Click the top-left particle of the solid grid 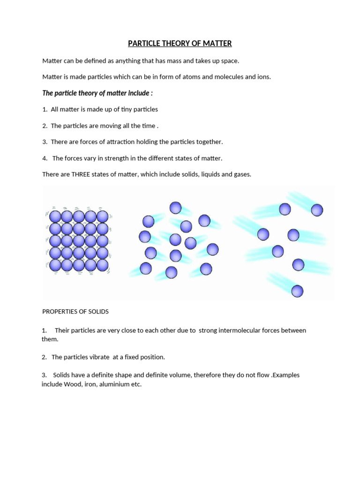click(56, 217)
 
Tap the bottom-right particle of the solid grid click(103, 265)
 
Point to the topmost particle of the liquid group click(175, 208)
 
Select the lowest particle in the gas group click(297, 291)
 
